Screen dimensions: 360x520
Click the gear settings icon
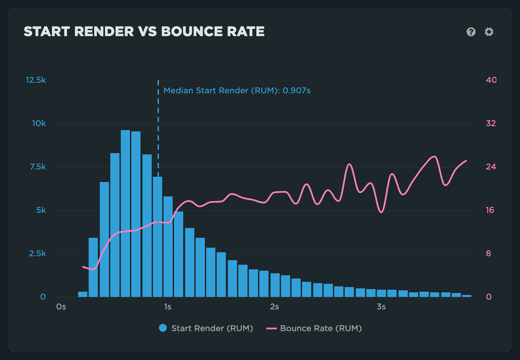click(x=489, y=32)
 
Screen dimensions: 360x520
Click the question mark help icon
click(x=471, y=32)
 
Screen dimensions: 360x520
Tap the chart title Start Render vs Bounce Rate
click(x=144, y=32)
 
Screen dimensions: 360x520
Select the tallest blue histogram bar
click(x=125, y=214)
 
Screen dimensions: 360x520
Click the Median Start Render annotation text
click(x=237, y=91)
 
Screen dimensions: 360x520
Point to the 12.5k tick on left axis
click(x=36, y=80)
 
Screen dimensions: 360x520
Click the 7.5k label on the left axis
click(x=38, y=167)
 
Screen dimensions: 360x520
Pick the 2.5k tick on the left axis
click(x=37, y=254)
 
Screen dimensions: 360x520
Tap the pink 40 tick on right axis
click(x=491, y=80)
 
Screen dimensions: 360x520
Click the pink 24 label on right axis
click(x=491, y=167)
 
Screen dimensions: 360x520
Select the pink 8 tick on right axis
click(x=488, y=254)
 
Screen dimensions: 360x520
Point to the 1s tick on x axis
click(x=167, y=307)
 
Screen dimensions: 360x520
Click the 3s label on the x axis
click(x=381, y=307)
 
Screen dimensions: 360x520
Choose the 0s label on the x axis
click(x=61, y=307)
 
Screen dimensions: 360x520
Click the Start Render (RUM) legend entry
click(x=206, y=328)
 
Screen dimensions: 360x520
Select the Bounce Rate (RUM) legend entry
click(x=314, y=328)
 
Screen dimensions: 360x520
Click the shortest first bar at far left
click(x=83, y=294)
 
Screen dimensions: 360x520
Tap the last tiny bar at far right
click(x=466, y=296)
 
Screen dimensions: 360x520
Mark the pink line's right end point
click(x=466, y=161)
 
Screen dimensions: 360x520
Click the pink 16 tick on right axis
click(x=490, y=210)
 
